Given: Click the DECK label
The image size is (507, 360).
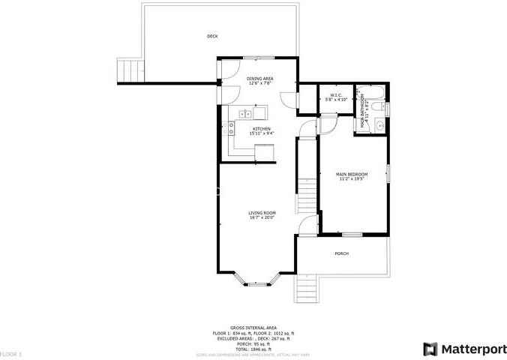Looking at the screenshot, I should [213, 36].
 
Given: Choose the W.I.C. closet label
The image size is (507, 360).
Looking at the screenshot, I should [336, 96].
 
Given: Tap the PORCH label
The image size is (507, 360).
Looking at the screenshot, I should [341, 253].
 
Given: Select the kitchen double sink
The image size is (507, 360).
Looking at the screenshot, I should [244, 114].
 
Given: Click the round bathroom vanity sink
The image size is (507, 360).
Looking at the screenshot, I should [379, 124].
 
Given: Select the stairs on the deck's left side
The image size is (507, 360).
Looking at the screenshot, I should [132, 70].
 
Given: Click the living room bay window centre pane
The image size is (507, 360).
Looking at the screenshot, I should [257, 285].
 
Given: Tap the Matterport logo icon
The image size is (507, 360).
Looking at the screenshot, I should [429, 349].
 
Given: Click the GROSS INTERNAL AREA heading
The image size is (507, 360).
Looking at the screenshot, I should [253, 328].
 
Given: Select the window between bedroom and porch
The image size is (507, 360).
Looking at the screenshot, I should [352, 235].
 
